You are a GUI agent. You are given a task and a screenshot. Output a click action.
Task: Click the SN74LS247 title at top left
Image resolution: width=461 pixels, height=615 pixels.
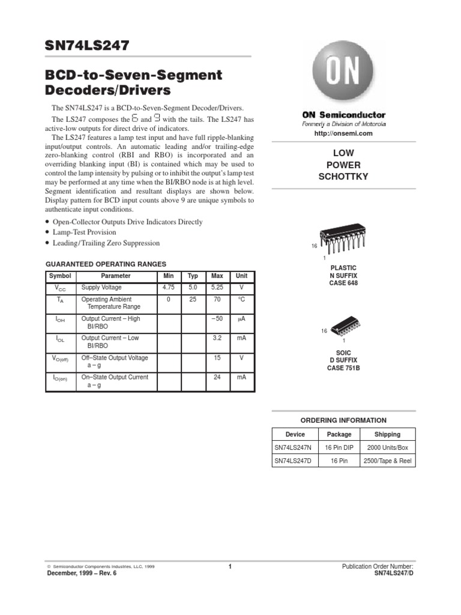point(88,46)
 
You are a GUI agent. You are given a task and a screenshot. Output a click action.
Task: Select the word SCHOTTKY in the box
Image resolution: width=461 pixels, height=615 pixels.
point(343,177)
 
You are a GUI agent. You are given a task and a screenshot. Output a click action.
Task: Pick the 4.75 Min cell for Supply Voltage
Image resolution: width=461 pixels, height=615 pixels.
point(169,288)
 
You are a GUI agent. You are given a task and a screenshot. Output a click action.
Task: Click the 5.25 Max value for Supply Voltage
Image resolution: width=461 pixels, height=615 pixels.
point(217,288)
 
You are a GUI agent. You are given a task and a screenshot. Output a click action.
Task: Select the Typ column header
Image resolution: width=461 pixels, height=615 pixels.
point(193,276)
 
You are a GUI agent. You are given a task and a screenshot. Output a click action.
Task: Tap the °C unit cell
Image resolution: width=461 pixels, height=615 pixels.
point(241,299)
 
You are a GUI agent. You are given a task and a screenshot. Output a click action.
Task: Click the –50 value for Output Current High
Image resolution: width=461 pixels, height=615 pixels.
point(217,318)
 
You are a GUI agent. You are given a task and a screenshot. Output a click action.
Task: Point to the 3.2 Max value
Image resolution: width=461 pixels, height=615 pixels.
point(217,338)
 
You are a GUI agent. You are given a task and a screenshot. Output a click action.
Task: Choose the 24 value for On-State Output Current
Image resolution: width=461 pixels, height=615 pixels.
point(217,377)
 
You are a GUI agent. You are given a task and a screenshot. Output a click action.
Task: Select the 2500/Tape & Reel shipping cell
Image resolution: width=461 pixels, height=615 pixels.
point(387,461)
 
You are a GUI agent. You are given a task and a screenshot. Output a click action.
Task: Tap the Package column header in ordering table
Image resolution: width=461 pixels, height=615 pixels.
point(339,434)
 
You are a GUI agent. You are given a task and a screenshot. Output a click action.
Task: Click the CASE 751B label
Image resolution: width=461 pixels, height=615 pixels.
point(344,368)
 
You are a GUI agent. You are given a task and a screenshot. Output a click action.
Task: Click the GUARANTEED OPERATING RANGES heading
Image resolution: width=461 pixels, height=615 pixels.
point(106,264)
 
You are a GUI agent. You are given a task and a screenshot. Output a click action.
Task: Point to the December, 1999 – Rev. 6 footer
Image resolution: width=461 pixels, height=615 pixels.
point(82,573)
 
